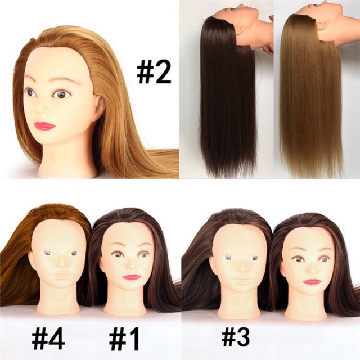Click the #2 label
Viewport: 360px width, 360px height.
pyautogui.click(x=154, y=72)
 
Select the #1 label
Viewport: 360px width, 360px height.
pyautogui.click(x=124, y=338)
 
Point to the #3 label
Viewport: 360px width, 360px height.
pyautogui.click(x=236, y=337)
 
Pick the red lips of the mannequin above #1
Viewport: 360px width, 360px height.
pyautogui.click(x=131, y=277)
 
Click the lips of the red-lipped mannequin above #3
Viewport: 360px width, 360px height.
pyautogui.click(x=311, y=281)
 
